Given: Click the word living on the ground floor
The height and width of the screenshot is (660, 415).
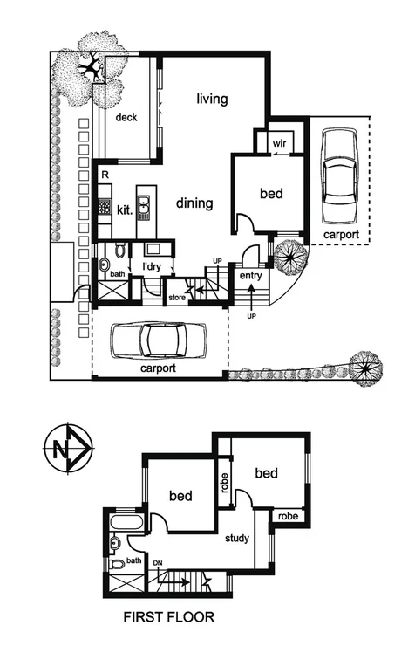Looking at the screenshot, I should [212, 100].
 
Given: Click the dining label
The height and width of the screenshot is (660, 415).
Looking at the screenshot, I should [194, 204].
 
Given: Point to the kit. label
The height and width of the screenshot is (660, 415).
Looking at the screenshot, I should [124, 210].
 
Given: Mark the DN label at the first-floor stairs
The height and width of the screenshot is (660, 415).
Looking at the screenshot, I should [158, 564].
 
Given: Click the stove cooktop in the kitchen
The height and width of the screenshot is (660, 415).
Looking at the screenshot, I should [103, 209].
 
